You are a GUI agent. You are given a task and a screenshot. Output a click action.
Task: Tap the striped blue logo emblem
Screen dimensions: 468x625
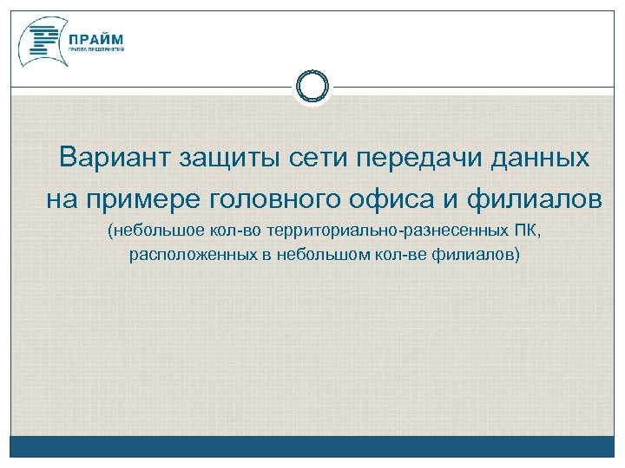(42, 41)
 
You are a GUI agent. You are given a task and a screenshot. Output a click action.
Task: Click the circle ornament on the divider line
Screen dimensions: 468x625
(312, 87)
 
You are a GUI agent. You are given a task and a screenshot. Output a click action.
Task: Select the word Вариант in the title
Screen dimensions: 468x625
(115, 159)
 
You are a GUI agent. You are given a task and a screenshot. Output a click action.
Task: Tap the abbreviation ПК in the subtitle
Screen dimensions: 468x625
(526, 233)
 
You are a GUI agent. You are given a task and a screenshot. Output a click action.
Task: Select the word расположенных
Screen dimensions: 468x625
(184, 256)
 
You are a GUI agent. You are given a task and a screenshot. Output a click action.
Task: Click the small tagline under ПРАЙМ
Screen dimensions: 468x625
(97, 50)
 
